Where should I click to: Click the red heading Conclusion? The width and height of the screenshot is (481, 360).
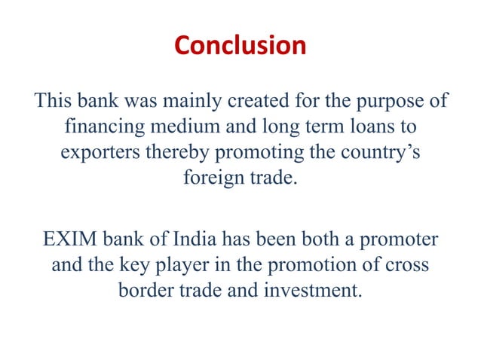coord(240,46)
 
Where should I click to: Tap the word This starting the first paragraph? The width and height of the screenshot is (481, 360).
coord(54,100)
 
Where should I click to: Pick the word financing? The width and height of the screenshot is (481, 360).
coord(100,127)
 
